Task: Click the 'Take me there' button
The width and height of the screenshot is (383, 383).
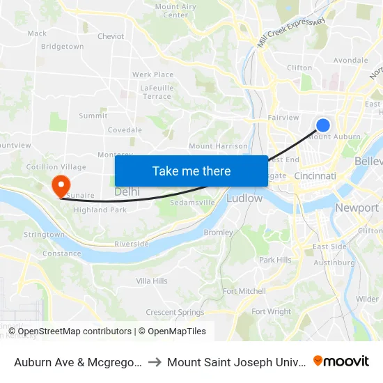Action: click(191, 171)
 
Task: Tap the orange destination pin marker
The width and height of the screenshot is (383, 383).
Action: click(61, 185)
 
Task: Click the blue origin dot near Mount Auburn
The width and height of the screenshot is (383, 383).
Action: click(323, 125)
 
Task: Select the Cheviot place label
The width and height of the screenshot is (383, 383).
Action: click(111, 36)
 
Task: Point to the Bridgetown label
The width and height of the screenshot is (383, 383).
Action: click(62, 47)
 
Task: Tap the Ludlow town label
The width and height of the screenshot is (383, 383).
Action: click(244, 198)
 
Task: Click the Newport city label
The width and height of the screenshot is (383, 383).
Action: click(357, 208)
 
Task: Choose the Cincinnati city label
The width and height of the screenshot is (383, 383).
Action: click(315, 177)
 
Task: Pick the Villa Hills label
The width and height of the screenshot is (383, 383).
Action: click(152, 281)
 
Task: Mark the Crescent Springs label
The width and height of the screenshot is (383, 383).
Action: click(175, 313)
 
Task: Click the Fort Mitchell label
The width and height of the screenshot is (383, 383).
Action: click(244, 291)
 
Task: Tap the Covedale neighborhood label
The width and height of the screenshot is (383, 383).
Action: click(125, 130)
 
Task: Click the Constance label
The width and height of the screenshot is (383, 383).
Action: click(62, 253)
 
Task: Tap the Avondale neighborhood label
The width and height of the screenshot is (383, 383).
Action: click(350, 60)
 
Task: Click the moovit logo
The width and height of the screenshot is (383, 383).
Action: click(341, 361)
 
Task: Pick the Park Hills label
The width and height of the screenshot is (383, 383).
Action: click(275, 260)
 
